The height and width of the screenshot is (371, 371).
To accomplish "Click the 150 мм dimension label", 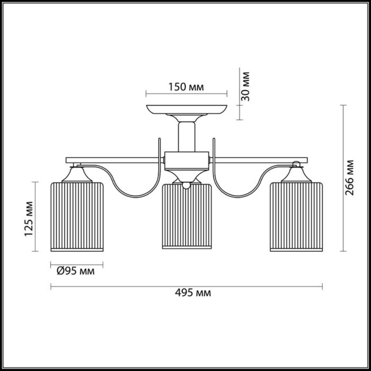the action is (186, 87).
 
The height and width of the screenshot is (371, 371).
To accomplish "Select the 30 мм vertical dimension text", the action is (245, 86).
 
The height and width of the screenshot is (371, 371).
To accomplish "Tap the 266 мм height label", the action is (350, 177).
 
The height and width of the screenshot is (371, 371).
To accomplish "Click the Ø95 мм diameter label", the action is (76, 271).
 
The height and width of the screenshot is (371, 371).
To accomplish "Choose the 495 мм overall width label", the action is (193, 298).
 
